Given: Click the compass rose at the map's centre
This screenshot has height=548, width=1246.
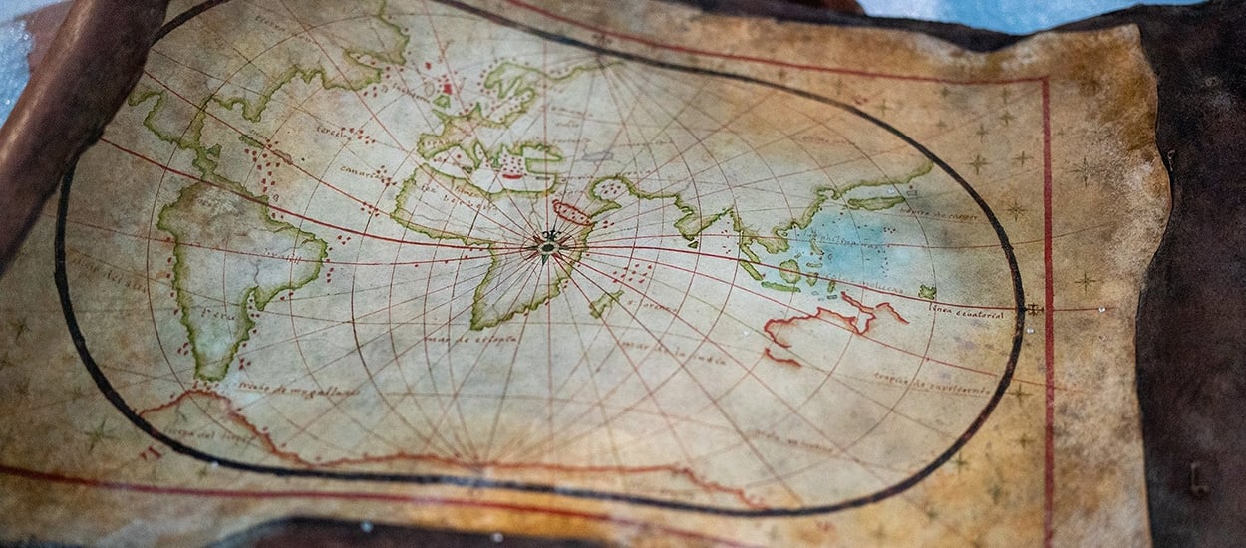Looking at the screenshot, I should point(547,243).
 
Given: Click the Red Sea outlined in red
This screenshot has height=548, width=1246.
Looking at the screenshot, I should point(572,212).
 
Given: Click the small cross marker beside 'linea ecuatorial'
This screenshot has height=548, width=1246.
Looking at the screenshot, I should point(1034,309).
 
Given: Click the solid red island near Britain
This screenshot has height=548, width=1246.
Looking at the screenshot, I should point(447,88).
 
